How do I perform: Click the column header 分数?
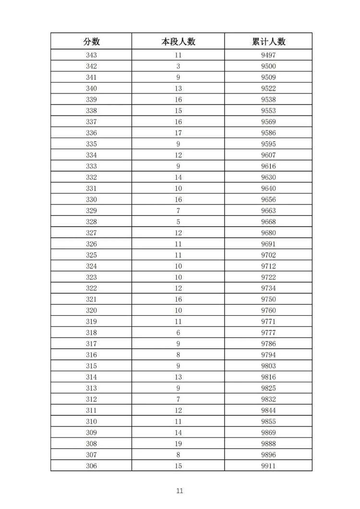[91, 41]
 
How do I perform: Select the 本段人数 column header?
[178, 41]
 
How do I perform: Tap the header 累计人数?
[268, 41]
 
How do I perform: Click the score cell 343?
[91, 55]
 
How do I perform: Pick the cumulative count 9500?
[268, 66]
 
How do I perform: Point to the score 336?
[91, 133]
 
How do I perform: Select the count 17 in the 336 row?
[178, 133]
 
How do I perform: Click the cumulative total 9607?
[268, 155]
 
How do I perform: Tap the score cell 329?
[91, 211]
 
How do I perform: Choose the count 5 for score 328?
[178, 222]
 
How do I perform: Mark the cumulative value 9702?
[268, 255]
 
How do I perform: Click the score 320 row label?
[91, 310]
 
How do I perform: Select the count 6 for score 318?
[178, 332]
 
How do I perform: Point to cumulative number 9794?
[268, 355]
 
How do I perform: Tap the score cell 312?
[91, 399]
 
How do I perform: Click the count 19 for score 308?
[178, 444]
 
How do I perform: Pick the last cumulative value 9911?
[268, 466]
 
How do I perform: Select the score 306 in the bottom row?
[91, 466]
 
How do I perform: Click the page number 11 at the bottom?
[180, 491]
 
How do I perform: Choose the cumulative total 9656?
[268, 200]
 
